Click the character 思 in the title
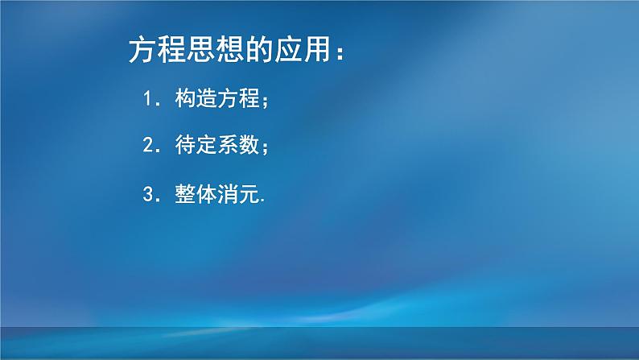click(198, 52)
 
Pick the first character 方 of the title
click(142, 52)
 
